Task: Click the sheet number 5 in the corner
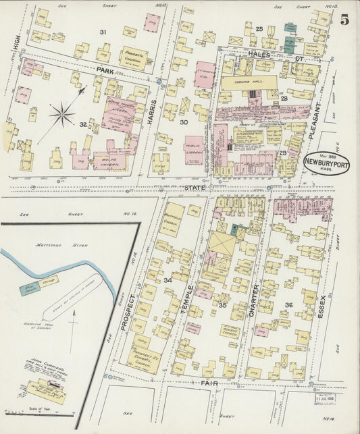click(344, 19)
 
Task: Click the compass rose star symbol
click(61, 114)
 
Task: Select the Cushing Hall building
click(248, 82)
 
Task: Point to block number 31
click(103, 32)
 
